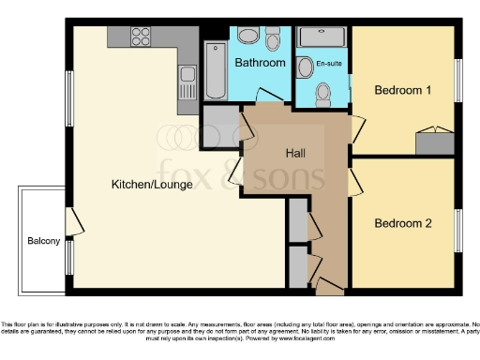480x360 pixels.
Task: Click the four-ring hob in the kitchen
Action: (141, 37)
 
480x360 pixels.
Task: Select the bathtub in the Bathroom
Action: (216, 69)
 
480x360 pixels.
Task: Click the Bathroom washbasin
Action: (247, 37)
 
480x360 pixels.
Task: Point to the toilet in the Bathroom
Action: (273, 39)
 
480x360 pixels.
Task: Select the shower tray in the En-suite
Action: (322, 38)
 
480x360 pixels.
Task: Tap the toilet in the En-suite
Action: (323, 93)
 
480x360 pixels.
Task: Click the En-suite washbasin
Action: (305, 67)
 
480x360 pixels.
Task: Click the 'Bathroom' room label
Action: (260, 63)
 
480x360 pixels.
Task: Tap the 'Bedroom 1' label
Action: (402, 91)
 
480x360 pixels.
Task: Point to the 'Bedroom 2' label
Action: (402, 223)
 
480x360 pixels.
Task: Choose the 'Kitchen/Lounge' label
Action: (152, 185)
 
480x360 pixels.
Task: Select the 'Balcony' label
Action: (43, 241)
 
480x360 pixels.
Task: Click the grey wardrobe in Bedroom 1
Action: (435, 143)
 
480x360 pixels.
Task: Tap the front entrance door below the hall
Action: (330, 283)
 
